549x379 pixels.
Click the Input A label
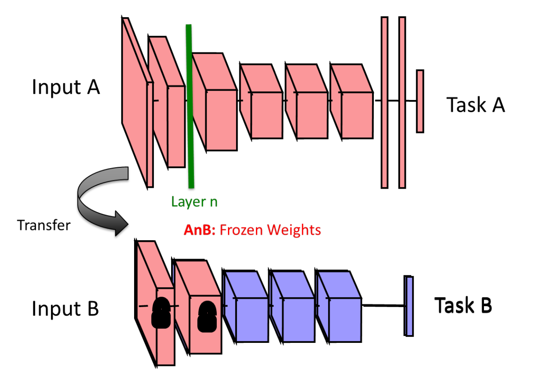tap(66, 87)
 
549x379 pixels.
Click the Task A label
tap(475, 105)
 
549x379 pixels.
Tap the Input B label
tap(65, 308)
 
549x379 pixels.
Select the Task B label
tap(463, 305)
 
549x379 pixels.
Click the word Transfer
tap(44, 225)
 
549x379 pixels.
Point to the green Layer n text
tap(194, 202)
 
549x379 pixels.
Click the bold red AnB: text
tap(200, 230)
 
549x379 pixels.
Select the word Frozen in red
tap(242, 230)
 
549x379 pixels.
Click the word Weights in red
tap(294, 230)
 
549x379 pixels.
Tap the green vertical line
tap(190, 106)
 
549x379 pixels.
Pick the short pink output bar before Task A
tap(420, 101)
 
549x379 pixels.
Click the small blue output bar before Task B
tap(409, 306)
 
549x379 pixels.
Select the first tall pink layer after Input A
tap(137, 103)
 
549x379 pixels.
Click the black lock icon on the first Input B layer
tap(161, 313)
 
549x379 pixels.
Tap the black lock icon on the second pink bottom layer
tap(207, 317)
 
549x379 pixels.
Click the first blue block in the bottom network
tap(245, 306)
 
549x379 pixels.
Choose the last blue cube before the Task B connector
tap(338, 306)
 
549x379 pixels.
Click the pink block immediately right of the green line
tap(215, 102)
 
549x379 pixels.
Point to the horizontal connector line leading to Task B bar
tap(383, 306)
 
